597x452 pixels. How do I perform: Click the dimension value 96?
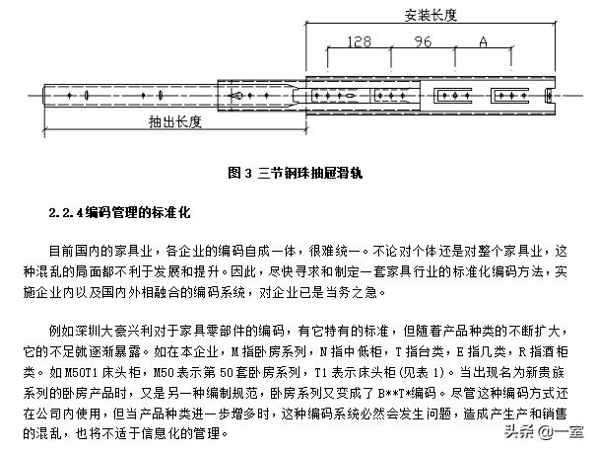[424, 42]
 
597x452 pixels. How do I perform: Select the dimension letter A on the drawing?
[483, 42]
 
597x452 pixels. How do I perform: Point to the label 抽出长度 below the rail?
[175, 122]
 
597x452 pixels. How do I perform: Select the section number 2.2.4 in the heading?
[66, 212]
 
